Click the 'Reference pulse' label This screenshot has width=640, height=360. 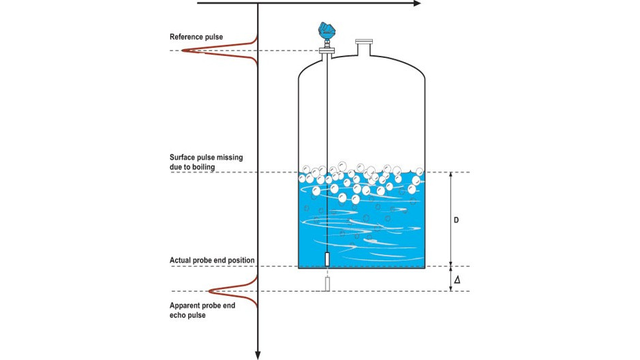click(x=196, y=36)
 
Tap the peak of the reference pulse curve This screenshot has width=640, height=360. click(x=185, y=50)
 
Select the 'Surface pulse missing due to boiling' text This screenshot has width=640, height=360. click(x=206, y=162)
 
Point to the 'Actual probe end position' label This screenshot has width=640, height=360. click(x=212, y=260)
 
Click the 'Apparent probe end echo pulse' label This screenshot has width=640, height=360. click(x=202, y=310)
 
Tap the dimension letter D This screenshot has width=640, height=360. click(x=457, y=220)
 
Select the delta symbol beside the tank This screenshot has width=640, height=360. click(x=457, y=280)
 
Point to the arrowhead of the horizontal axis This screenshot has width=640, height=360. click(x=416, y=3)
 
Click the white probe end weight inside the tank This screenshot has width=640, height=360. click(x=328, y=260)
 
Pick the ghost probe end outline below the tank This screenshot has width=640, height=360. click(x=328, y=284)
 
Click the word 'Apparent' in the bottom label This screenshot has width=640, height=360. click(x=185, y=305)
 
